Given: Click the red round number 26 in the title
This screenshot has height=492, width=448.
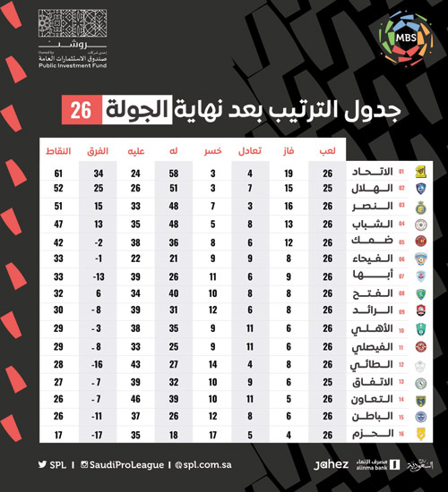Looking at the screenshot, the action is click(79, 111).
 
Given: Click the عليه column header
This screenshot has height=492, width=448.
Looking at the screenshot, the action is click(135, 152).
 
